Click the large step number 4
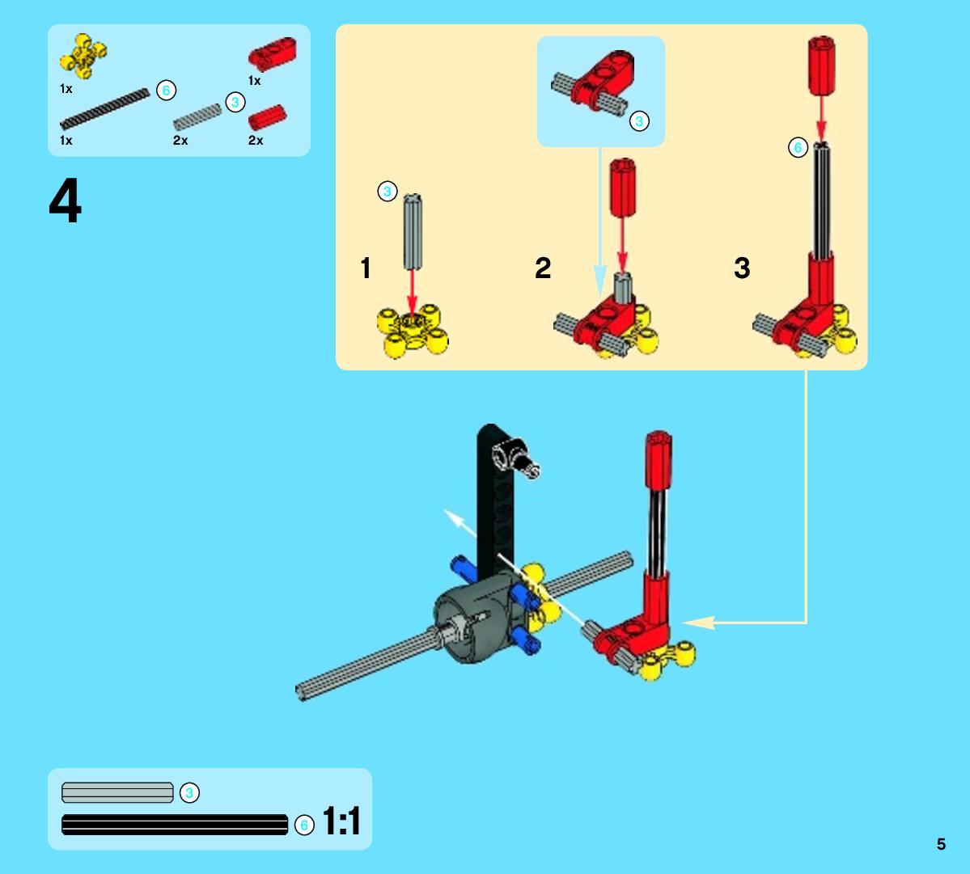click(x=65, y=201)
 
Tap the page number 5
click(x=941, y=844)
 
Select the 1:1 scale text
click(x=341, y=821)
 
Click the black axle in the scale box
click(x=175, y=825)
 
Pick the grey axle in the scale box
click(x=117, y=792)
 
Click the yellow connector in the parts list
click(x=83, y=57)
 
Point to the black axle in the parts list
click(x=104, y=108)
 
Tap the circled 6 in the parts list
click(x=166, y=91)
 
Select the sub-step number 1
click(x=366, y=268)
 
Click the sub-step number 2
click(x=543, y=268)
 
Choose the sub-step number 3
click(x=742, y=268)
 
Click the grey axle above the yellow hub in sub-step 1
click(x=413, y=232)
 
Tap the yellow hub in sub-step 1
click(x=413, y=331)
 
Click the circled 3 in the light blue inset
click(x=639, y=121)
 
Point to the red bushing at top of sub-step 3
click(x=821, y=65)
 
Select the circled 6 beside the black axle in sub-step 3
click(x=798, y=148)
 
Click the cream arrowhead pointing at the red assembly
click(x=698, y=623)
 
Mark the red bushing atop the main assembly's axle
click(x=659, y=461)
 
